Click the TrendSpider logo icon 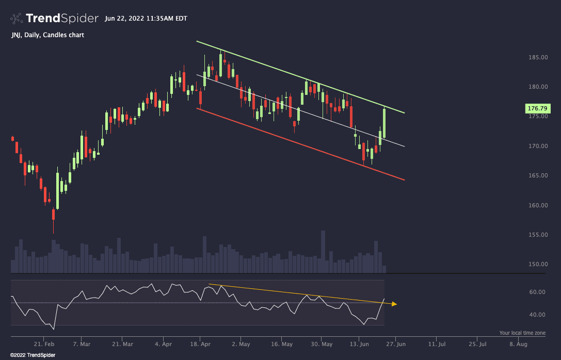pos(17,19)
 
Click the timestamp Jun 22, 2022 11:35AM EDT pos(146,19)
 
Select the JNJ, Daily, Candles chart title pos(47,35)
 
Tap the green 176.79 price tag pos(537,108)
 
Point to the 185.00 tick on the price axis pos(537,57)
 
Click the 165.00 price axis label pos(537,176)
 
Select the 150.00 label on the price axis pos(537,265)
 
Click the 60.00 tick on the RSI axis pos(538,292)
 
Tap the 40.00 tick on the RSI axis pos(538,315)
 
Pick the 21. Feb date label pos(44,344)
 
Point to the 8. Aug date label pos(518,344)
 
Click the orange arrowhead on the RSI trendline pos(394,304)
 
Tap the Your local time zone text pos(522,333)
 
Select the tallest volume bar pos(323,252)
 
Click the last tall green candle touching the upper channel pos(384,122)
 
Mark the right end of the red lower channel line pos(404,179)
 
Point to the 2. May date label pos(241,344)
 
